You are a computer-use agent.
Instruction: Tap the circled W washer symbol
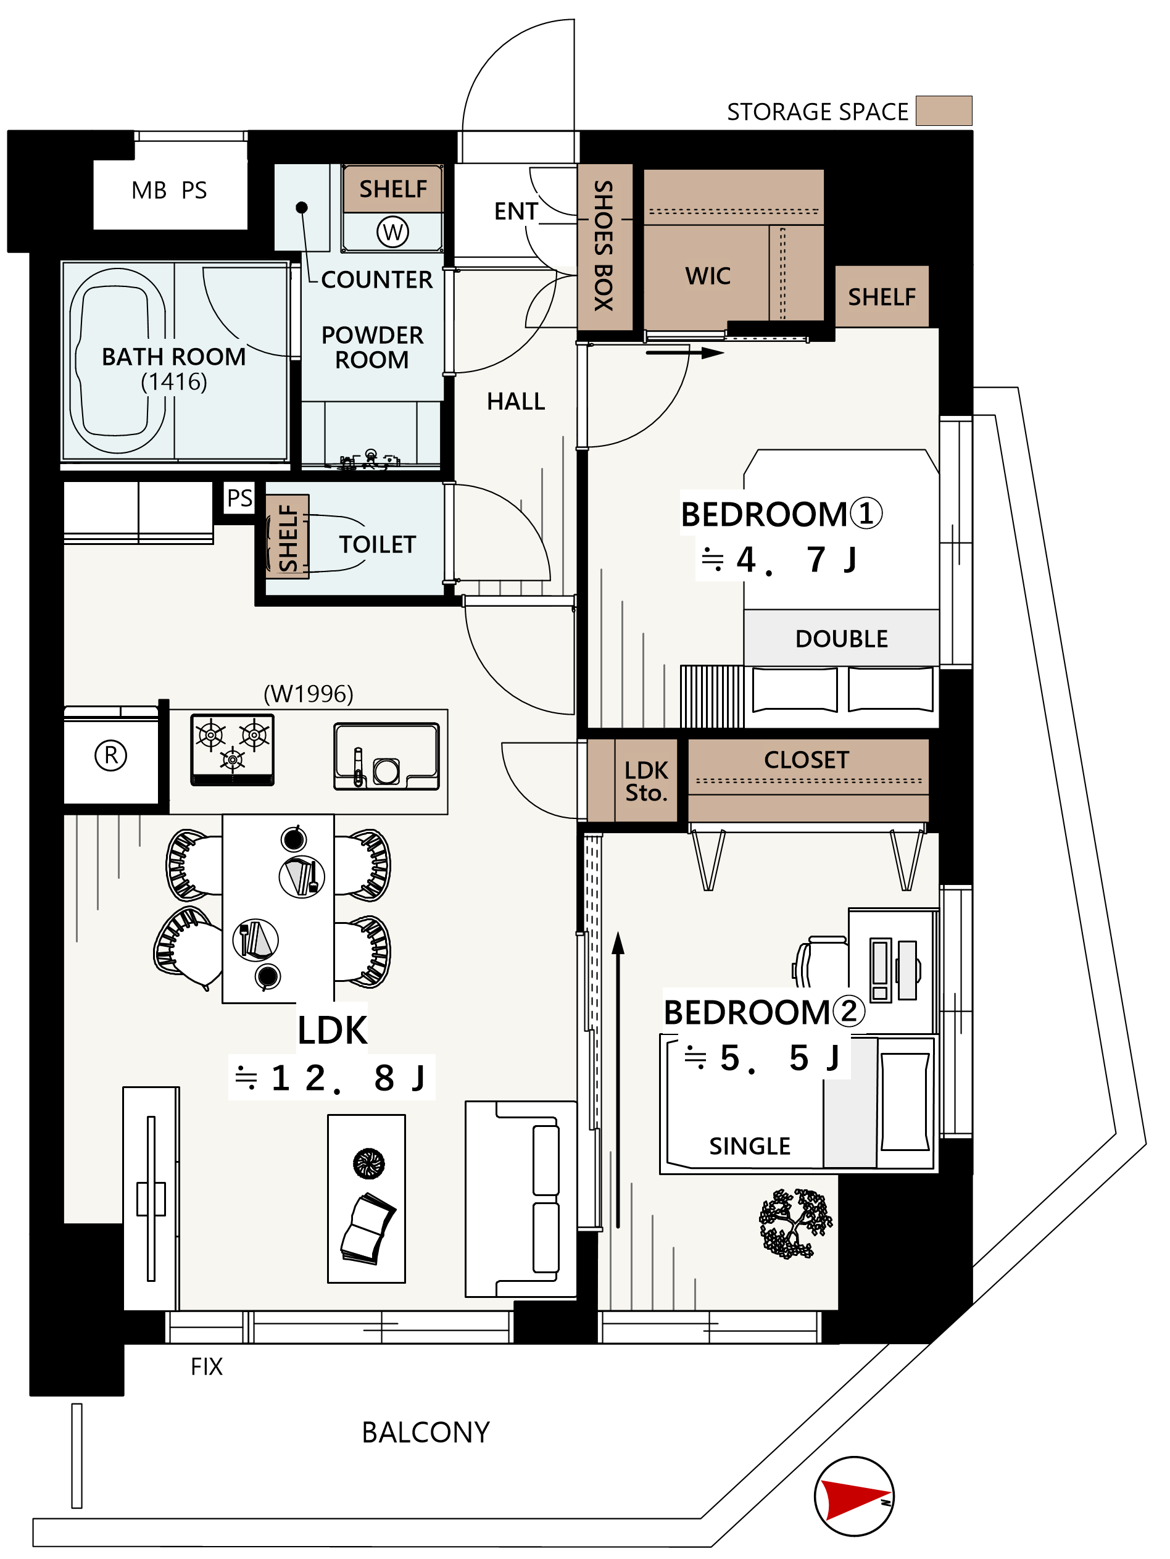pyautogui.click(x=392, y=232)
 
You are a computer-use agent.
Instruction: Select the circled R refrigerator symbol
pyautogui.click(x=110, y=755)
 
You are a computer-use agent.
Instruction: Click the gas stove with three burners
pyautogui.click(x=233, y=750)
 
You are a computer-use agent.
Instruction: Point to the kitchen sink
pyautogui.click(x=386, y=756)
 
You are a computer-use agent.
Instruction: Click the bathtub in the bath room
pyautogui.click(x=118, y=360)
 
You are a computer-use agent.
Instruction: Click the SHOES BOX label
pyautogui.click(x=604, y=246)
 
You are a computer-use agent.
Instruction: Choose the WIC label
pyautogui.click(x=708, y=276)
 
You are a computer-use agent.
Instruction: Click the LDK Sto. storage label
pyautogui.click(x=646, y=781)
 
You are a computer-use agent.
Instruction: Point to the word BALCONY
pyautogui.click(x=426, y=1432)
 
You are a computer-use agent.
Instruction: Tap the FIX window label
pyautogui.click(x=207, y=1366)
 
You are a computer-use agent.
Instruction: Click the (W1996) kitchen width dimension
pyautogui.click(x=308, y=694)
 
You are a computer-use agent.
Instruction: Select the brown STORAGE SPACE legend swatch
pyautogui.click(x=944, y=110)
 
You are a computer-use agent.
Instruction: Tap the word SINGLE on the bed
pyautogui.click(x=750, y=1146)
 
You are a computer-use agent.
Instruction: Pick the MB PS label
pyautogui.click(x=169, y=190)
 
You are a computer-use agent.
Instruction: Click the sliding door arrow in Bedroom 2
pyautogui.click(x=618, y=1079)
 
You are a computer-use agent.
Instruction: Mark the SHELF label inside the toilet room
pyautogui.click(x=288, y=537)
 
